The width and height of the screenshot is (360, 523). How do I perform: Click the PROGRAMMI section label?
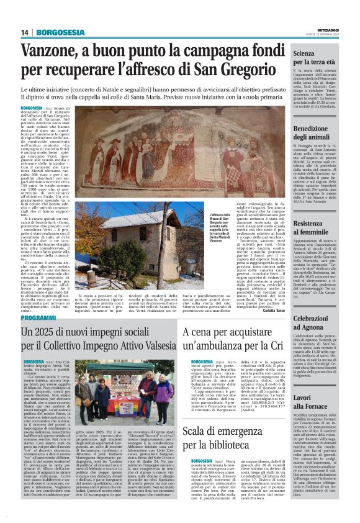pyautogui.click(x=38, y=317)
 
